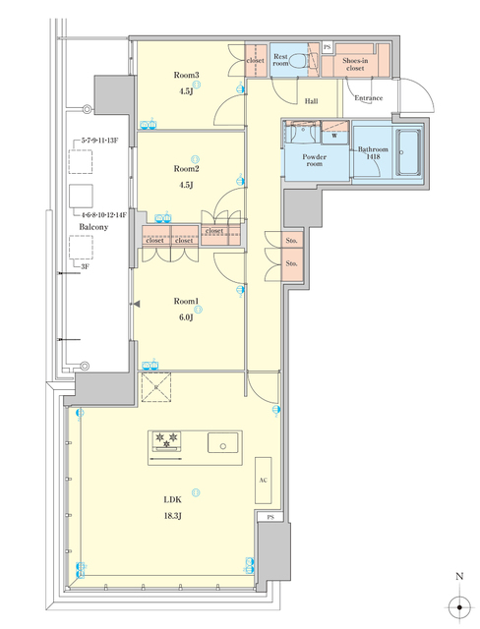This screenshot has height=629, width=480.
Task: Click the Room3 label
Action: (x=186, y=75)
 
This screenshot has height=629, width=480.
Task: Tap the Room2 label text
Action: (x=186, y=168)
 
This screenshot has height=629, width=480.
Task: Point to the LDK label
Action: (x=172, y=499)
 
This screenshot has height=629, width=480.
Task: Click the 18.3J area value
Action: (x=172, y=514)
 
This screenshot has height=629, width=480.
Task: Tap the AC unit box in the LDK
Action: (x=263, y=481)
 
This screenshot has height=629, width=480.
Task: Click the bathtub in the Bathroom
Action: (x=405, y=155)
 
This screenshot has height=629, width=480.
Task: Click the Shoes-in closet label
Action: (x=356, y=65)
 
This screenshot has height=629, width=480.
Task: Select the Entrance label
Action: (x=368, y=97)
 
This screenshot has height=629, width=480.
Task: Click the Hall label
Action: (x=311, y=101)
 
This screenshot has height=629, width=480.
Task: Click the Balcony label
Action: (x=93, y=226)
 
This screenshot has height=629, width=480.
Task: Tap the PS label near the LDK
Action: (x=268, y=517)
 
